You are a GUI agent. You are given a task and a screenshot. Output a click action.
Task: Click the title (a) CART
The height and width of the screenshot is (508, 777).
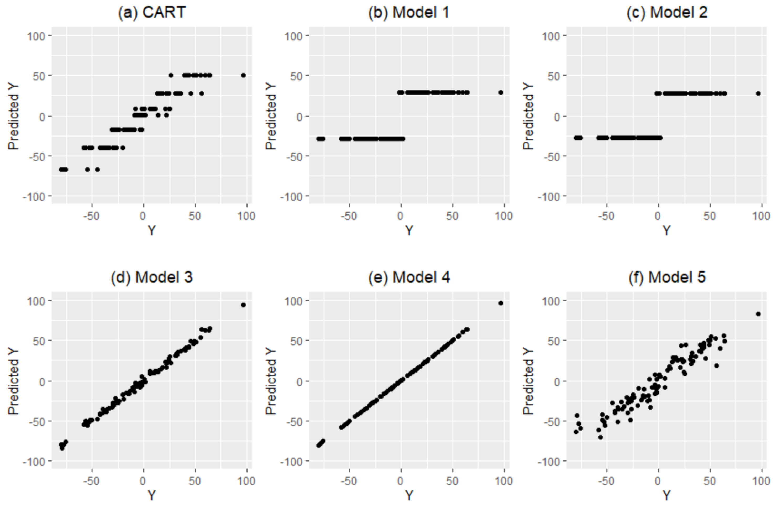(152, 12)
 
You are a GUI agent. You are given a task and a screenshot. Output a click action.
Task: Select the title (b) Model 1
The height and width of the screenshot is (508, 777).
(409, 12)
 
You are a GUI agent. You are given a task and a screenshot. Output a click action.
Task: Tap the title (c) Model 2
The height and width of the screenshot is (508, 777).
(667, 12)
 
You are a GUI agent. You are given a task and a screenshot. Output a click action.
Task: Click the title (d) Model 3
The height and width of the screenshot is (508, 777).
(152, 277)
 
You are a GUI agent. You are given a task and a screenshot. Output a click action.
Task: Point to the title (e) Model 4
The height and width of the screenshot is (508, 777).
(409, 277)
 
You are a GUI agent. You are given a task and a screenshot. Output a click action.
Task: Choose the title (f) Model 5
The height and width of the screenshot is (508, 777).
(667, 277)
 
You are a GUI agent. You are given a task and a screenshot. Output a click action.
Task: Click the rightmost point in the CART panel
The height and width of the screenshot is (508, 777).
(243, 75)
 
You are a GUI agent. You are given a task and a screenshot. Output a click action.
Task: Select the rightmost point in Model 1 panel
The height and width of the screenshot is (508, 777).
(501, 93)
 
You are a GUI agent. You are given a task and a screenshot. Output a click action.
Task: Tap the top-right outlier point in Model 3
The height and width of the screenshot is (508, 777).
(243, 305)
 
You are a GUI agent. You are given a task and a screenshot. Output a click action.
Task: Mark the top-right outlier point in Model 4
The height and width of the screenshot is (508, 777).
(501, 303)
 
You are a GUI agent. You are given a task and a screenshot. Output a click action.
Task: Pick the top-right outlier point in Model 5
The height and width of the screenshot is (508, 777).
(758, 314)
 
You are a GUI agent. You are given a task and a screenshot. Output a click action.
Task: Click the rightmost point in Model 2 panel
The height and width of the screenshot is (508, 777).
(758, 93)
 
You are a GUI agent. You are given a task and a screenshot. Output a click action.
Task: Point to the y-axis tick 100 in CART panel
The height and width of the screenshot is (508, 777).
(36, 36)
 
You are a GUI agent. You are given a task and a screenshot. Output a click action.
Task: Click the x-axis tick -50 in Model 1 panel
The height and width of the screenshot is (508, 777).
(348, 216)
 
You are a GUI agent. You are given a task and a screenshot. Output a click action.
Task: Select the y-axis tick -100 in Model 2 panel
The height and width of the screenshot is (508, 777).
(549, 197)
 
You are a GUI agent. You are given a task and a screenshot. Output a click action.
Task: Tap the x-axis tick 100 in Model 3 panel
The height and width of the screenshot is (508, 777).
(246, 481)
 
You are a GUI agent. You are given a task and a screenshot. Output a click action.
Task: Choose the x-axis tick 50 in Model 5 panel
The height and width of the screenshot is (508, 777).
(710, 481)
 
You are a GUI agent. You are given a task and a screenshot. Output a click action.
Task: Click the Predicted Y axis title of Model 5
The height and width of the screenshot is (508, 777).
(528, 381)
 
